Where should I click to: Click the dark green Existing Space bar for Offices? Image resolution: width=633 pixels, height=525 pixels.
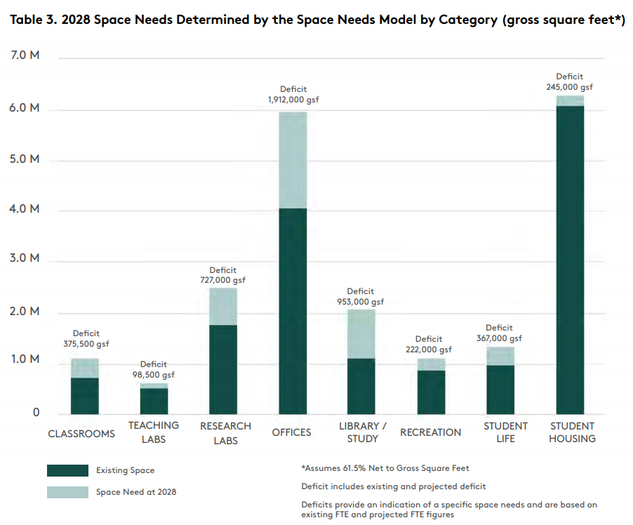[293, 311]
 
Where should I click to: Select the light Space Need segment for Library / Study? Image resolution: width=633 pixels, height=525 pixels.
[361, 334]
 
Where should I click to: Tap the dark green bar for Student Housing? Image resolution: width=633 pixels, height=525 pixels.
[570, 260]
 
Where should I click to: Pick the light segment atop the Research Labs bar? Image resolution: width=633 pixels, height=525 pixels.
[223, 307]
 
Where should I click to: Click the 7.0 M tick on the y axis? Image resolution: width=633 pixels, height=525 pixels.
[25, 55]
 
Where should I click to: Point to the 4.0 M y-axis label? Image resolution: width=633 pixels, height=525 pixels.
[25, 209]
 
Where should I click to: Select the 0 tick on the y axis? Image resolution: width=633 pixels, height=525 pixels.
[36, 413]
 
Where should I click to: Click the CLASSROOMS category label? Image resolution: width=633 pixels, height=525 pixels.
[81, 434]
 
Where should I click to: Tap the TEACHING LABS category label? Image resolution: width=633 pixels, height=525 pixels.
[154, 432]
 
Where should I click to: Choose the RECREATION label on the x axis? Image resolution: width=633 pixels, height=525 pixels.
[431, 432]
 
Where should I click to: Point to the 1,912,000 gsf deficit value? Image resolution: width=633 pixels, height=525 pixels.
[293, 100]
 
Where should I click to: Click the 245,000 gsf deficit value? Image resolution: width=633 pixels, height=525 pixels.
[569, 87]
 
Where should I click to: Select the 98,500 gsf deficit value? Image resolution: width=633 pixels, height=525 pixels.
[154, 375]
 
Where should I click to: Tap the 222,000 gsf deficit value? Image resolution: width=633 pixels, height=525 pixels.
[429, 350]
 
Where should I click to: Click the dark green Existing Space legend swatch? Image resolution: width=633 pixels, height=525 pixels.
[67, 470]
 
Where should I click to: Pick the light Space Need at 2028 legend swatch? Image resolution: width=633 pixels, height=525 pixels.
[67, 492]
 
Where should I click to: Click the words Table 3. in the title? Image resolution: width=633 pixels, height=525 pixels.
[32, 20]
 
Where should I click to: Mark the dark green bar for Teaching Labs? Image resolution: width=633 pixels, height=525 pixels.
[154, 401]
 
